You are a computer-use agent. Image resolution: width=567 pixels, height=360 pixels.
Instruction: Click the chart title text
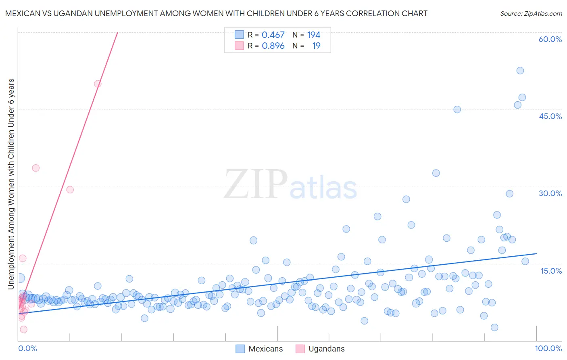point(216,13)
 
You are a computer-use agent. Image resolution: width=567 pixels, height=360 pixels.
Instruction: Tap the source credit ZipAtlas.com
point(531,13)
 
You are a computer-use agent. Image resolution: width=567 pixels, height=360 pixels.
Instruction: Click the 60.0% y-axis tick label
point(550,39)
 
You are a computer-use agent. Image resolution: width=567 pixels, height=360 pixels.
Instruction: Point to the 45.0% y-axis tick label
point(550,116)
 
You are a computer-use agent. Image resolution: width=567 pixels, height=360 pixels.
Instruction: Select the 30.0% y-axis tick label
point(550,193)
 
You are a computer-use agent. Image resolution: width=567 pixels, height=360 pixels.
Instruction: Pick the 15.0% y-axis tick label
point(551,271)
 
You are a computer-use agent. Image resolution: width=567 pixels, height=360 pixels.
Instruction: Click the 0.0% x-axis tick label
point(27,348)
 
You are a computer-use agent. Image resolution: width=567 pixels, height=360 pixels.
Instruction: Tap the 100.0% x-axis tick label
point(548,348)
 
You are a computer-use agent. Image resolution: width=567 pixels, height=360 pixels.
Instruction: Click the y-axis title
point(11,184)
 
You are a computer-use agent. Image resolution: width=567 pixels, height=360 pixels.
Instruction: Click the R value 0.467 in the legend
point(273,35)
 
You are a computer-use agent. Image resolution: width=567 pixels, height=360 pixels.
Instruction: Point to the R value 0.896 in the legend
point(273,46)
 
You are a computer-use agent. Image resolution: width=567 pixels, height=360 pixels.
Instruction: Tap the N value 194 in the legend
point(313,35)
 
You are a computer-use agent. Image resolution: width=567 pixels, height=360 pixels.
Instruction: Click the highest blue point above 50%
point(520,71)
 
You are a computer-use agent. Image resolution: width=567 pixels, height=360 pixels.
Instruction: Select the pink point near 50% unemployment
point(98,84)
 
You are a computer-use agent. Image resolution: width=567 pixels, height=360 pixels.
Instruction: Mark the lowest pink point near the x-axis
point(23,329)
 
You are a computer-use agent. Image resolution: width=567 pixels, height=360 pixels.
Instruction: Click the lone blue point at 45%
point(457,109)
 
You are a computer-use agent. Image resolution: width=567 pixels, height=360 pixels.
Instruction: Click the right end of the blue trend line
point(536,253)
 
